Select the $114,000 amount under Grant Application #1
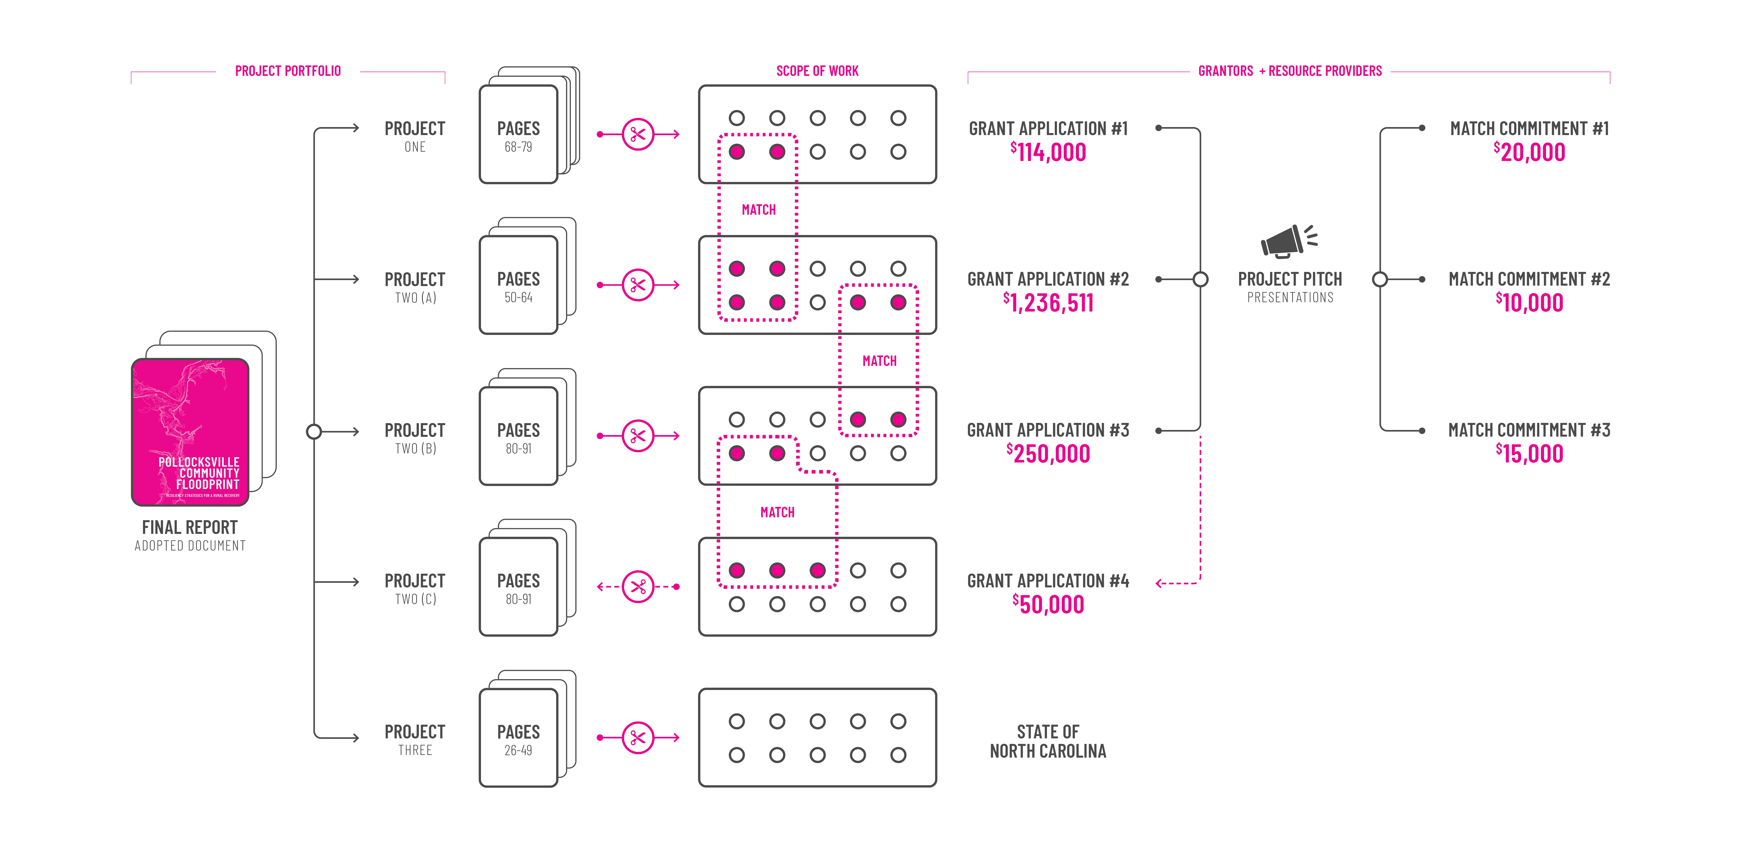click(1048, 152)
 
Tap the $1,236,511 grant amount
click(1048, 303)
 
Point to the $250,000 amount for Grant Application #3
click(1048, 454)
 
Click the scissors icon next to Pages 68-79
click(638, 134)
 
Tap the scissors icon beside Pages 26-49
click(638, 738)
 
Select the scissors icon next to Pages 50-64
click(638, 285)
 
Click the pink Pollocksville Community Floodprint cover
click(190, 432)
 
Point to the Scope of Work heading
click(817, 71)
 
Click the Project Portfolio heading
click(288, 71)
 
